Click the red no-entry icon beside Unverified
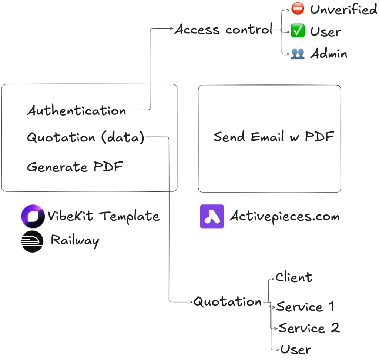pyautogui.click(x=298, y=9)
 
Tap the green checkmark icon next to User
pyautogui.click(x=298, y=31)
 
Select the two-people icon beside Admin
pyautogui.click(x=298, y=54)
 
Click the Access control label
pyautogui.click(x=223, y=30)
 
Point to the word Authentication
pyautogui.click(x=77, y=111)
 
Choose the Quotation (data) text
pyautogui.click(x=85, y=138)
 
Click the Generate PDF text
pyautogui.click(x=75, y=167)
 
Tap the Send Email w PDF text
pyautogui.click(x=274, y=137)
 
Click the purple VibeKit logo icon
pyautogui.click(x=33, y=216)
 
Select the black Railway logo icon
pyautogui.click(x=33, y=241)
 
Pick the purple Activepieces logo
pyautogui.click(x=212, y=216)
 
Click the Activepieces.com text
pyautogui.click(x=284, y=216)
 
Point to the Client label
pyautogui.click(x=294, y=277)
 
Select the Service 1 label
pyautogui.click(x=305, y=307)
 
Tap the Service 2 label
pyautogui.click(x=309, y=328)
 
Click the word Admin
pyautogui.click(x=329, y=54)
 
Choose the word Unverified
pyautogui.click(x=344, y=10)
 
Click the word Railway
pyautogui.click(x=75, y=241)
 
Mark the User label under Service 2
pyautogui.click(x=295, y=349)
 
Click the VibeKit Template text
pyautogui.click(x=103, y=216)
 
